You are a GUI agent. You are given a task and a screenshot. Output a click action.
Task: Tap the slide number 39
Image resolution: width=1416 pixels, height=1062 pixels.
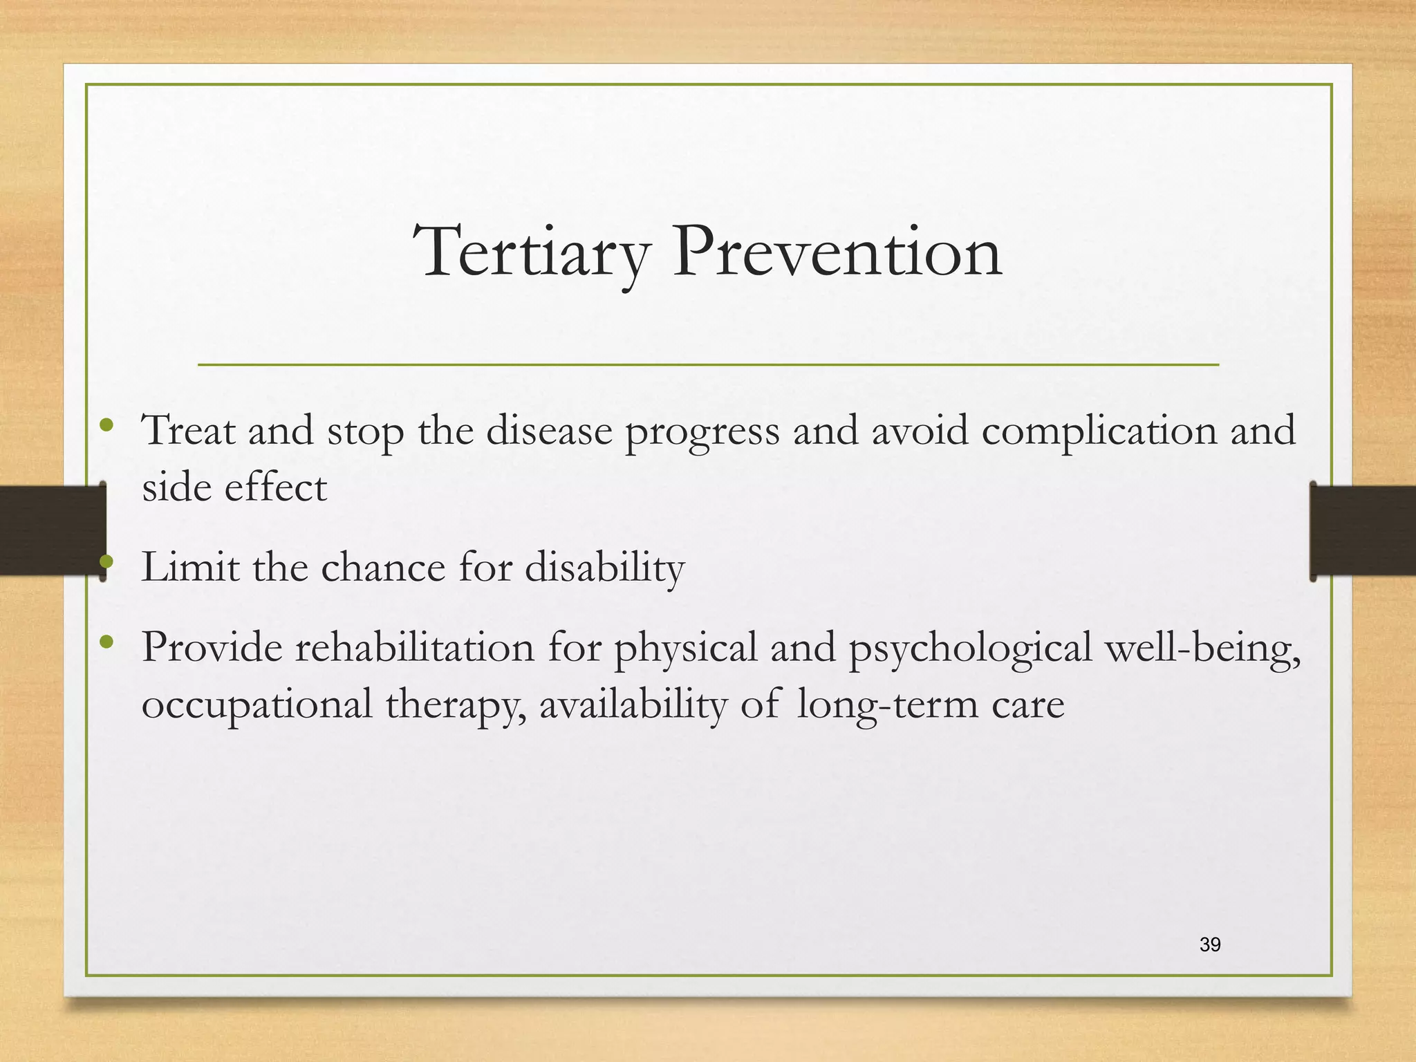[x=1210, y=944]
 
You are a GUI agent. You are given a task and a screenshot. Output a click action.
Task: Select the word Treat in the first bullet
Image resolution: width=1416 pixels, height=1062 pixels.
[x=188, y=431]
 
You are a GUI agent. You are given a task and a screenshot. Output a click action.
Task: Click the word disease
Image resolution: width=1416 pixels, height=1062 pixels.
[x=549, y=431]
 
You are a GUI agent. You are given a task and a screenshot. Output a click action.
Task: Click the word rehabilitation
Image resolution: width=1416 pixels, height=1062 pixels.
[x=415, y=648]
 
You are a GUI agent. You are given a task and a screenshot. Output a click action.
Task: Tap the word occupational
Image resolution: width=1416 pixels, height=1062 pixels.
[x=257, y=706]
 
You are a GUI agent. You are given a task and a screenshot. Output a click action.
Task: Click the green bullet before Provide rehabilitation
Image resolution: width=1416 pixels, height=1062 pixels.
[x=106, y=642]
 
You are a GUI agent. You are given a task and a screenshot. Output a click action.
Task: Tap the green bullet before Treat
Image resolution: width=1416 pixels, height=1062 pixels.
[x=106, y=425]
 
